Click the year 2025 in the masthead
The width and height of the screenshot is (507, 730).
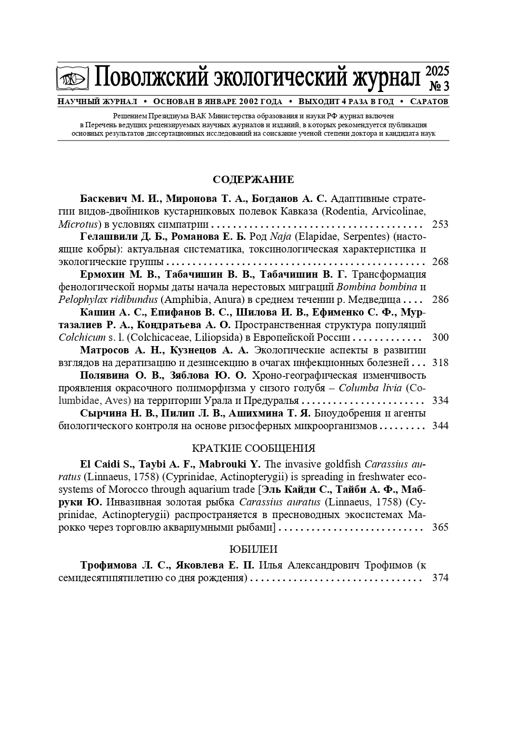pyautogui.click(x=437, y=71)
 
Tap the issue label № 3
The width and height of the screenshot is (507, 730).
pyautogui.click(x=439, y=86)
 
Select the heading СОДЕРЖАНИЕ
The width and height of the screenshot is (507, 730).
pyautogui.click(x=253, y=180)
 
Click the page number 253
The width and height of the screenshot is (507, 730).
pyautogui.click(x=440, y=225)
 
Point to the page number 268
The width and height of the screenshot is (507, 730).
pyautogui.click(x=440, y=262)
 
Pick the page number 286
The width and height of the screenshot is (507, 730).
pyautogui.click(x=440, y=300)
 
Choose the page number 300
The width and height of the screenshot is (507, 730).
pyautogui.click(x=440, y=338)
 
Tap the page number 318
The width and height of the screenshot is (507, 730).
pyautogui.click(x=440, y=363)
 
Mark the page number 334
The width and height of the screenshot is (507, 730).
pyautogui.click(x=440, y=401)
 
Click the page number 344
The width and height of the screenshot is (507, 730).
pyautogui.click(x=440, y=426)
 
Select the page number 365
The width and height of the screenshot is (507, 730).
pyautogui.click(x=440, y=527)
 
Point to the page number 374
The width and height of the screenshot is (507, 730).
pyautogui.click(x=440, y=578)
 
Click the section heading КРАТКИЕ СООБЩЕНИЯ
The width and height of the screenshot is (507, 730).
pyautogui.click(x=253, y=449)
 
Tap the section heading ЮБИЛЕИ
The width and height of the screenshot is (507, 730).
pyautogui.click(x=253, y=550)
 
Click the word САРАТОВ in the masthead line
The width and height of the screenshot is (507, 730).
pyautogui.click(x=429, y=102)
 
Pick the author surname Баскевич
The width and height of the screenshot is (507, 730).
pyautogui.click(x=104, y=199)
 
